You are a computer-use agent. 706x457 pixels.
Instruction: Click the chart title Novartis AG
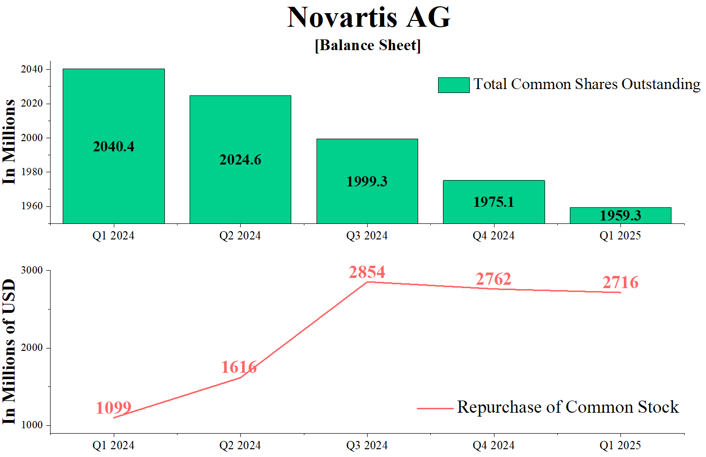[369, 18]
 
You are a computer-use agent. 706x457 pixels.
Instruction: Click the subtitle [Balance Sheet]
[368, 45]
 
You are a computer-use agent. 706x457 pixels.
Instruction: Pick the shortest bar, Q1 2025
[620, 216]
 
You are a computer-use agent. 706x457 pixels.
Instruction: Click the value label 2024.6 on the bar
[240, 160]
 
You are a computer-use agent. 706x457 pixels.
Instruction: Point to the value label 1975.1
[494, 202]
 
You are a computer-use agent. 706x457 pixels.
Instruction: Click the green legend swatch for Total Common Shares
[453, 85]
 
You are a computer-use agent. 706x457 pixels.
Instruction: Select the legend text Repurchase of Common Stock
[567, 407]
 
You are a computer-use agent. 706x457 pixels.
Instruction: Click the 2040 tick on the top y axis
[32, 69]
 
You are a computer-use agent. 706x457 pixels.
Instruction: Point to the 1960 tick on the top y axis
[32, 206]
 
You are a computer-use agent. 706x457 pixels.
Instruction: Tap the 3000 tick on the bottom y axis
[32, 270]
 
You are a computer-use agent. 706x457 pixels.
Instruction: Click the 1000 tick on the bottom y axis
[32, 425]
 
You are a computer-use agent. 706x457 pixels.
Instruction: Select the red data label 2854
[367, 272]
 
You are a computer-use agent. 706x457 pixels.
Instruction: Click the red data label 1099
[113, 407]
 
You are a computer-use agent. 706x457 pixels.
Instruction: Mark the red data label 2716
[620, 282]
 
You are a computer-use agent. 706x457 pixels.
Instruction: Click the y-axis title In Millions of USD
[9, 351]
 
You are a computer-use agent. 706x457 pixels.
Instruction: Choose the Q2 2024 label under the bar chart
[240, 236]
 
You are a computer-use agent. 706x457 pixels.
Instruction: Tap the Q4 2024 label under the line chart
[494, 445]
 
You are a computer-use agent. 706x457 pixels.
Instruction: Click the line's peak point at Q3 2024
[367, 282]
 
